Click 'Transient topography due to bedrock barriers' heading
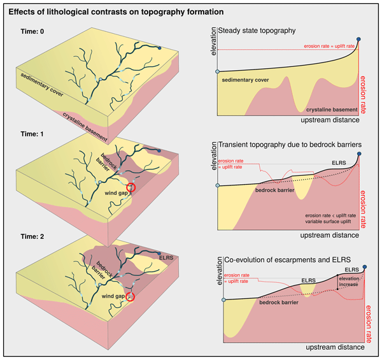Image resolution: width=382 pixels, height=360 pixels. (x=290, y=145)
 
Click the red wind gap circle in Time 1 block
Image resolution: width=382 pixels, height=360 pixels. (x=131, y=187)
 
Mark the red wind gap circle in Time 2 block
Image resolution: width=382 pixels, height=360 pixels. (x=131, y=296)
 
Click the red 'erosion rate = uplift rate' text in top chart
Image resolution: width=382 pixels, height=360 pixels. (x=329, y=47)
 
